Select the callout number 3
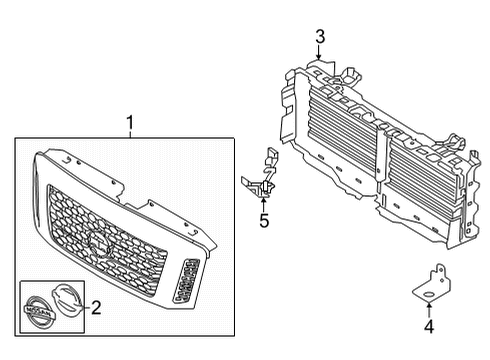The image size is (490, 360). (x=320, y=37)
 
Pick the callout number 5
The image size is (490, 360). (x=264, y=220)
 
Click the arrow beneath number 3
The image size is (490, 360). (x=320, y=56)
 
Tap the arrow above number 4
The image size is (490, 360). (x=428, y=303)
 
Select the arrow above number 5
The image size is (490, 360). (x=264, y=200)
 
